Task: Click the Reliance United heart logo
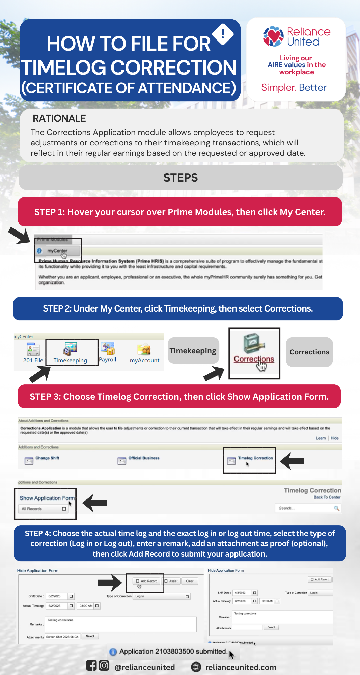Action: [x=273, y=36]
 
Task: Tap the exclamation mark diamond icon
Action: [x=223, y=34]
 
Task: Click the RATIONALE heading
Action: [x=59, y=118]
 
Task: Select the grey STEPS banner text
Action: [x=181, y=178]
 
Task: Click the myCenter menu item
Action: [x=57, y=251]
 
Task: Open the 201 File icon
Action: [x=33, y=350]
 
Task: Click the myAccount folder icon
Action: [x=144, y=350]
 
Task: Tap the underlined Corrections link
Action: [x=254, y=359]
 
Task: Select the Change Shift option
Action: [x=47, y=458]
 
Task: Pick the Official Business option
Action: [x=143, y=458]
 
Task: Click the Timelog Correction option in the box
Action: [x=255, y=458]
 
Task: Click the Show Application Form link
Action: [x=47, y=498]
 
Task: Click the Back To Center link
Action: [x=327, y=497]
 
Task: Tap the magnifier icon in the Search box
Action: [x=336, y=508]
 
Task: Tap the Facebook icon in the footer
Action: [x=91, y=666]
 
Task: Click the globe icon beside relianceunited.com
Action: [x=196, y=667]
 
